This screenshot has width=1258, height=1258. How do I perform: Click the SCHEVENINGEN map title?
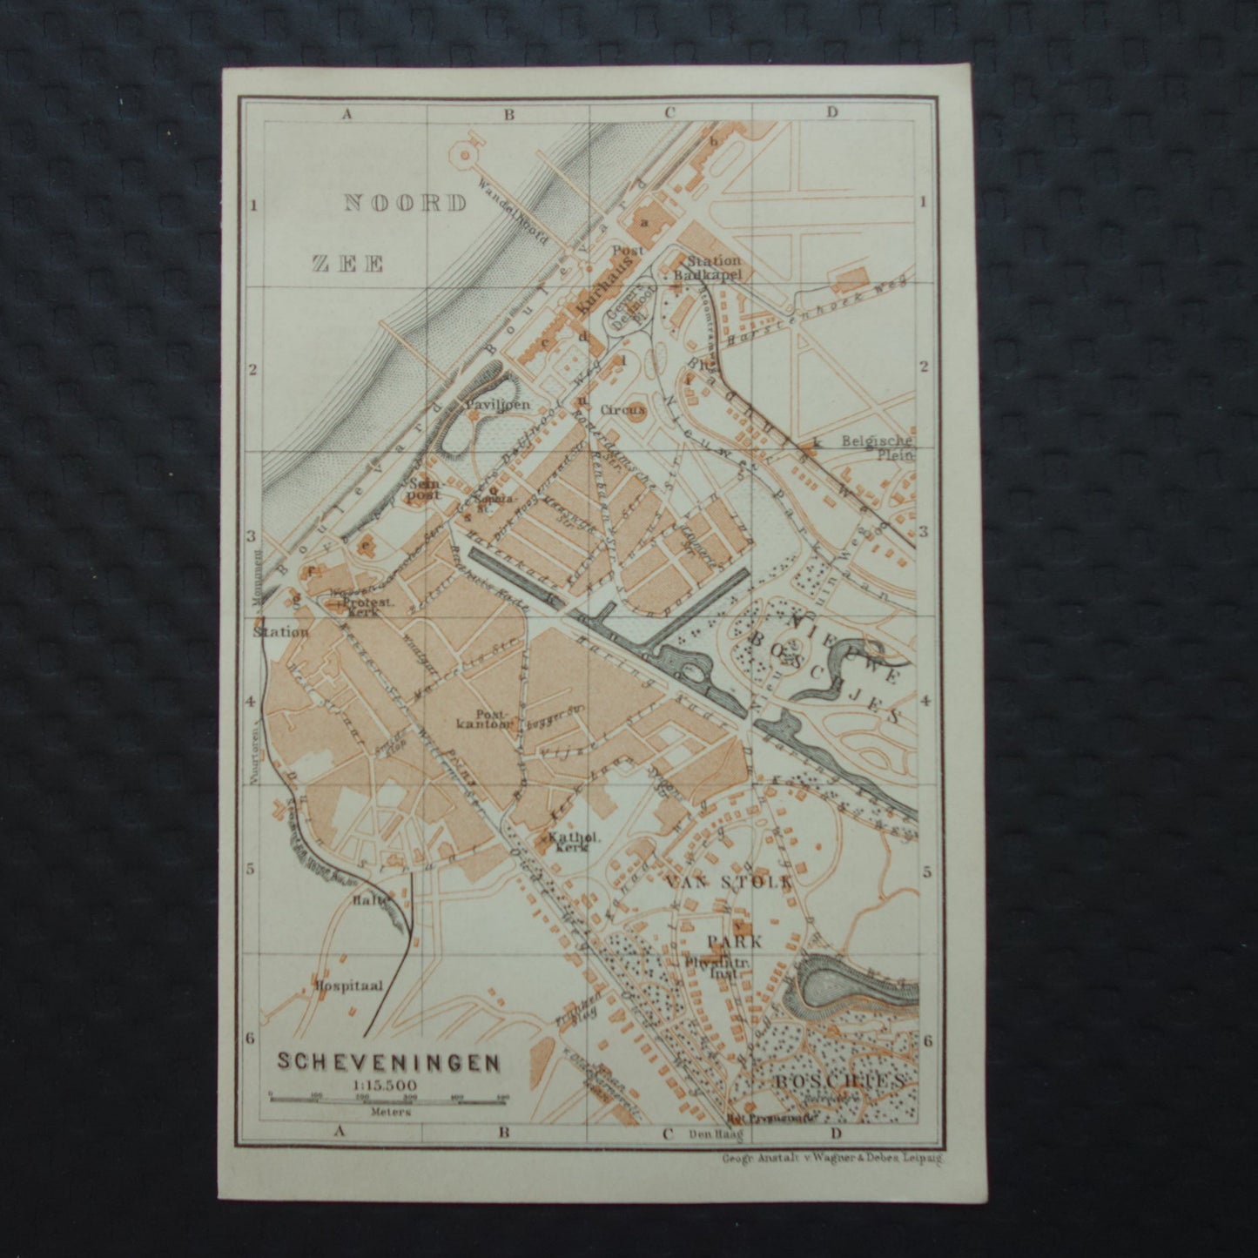(387, 1062)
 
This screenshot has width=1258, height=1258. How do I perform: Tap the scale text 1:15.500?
(385, 1083)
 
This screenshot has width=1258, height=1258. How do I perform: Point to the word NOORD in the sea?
(407, 204)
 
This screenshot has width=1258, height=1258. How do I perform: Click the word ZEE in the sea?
(348, 264)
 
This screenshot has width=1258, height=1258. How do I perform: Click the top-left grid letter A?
(346, 112)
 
